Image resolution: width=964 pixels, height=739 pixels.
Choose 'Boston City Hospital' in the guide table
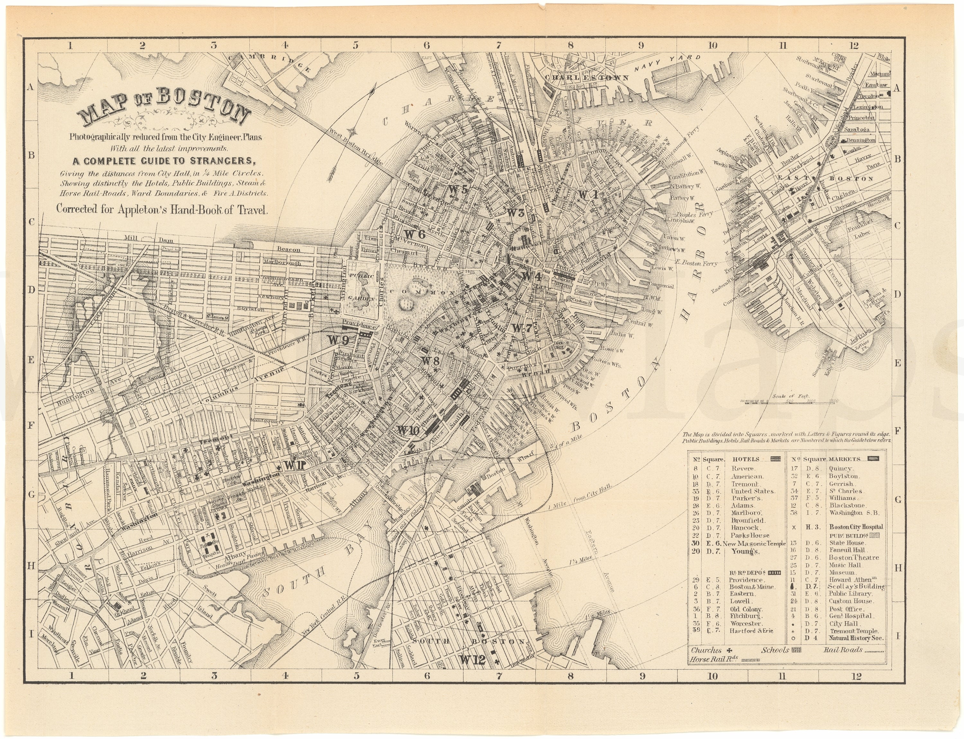click(x=856, y=527)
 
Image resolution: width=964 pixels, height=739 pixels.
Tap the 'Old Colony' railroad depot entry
click(x=745, y=609)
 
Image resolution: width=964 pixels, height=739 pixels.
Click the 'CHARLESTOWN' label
click(x=586, y=77)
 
